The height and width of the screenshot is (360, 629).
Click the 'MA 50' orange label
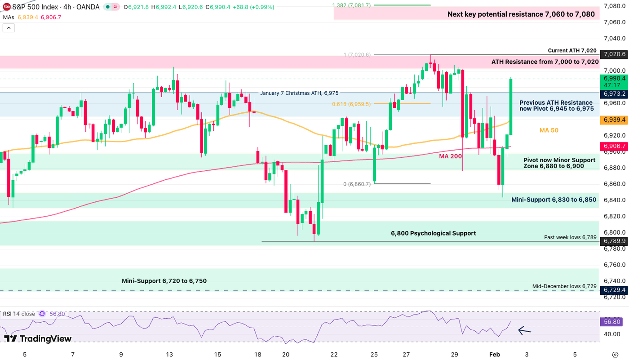pyautogui.click(x=549, y=130)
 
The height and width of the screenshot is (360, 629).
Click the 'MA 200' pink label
pyautogui.click(x=451, y=156)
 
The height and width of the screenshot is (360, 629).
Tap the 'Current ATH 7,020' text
pyautogui.click(x=572, y=51)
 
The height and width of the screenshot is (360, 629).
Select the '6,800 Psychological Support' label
pyautogui.click(x=433, y=233)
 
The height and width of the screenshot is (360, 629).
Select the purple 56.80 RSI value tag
pyautogui.click(x=611, y=321)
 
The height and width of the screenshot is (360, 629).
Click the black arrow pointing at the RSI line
pyautogui.click(x=524, y=331)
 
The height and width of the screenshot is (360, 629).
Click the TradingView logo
pyautogui.click(x=38, y=339)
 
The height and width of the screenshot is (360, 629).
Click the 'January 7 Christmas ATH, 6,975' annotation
pyautogui.click(x=299, y=93)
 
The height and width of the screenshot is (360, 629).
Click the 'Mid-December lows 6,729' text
pyautogui.click(x=564, y=286)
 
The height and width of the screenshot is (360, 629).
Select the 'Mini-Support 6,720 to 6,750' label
pyautogui.click(x=164, y=281)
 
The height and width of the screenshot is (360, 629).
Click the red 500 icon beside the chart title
pyautogui.click(x=7, y=7)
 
